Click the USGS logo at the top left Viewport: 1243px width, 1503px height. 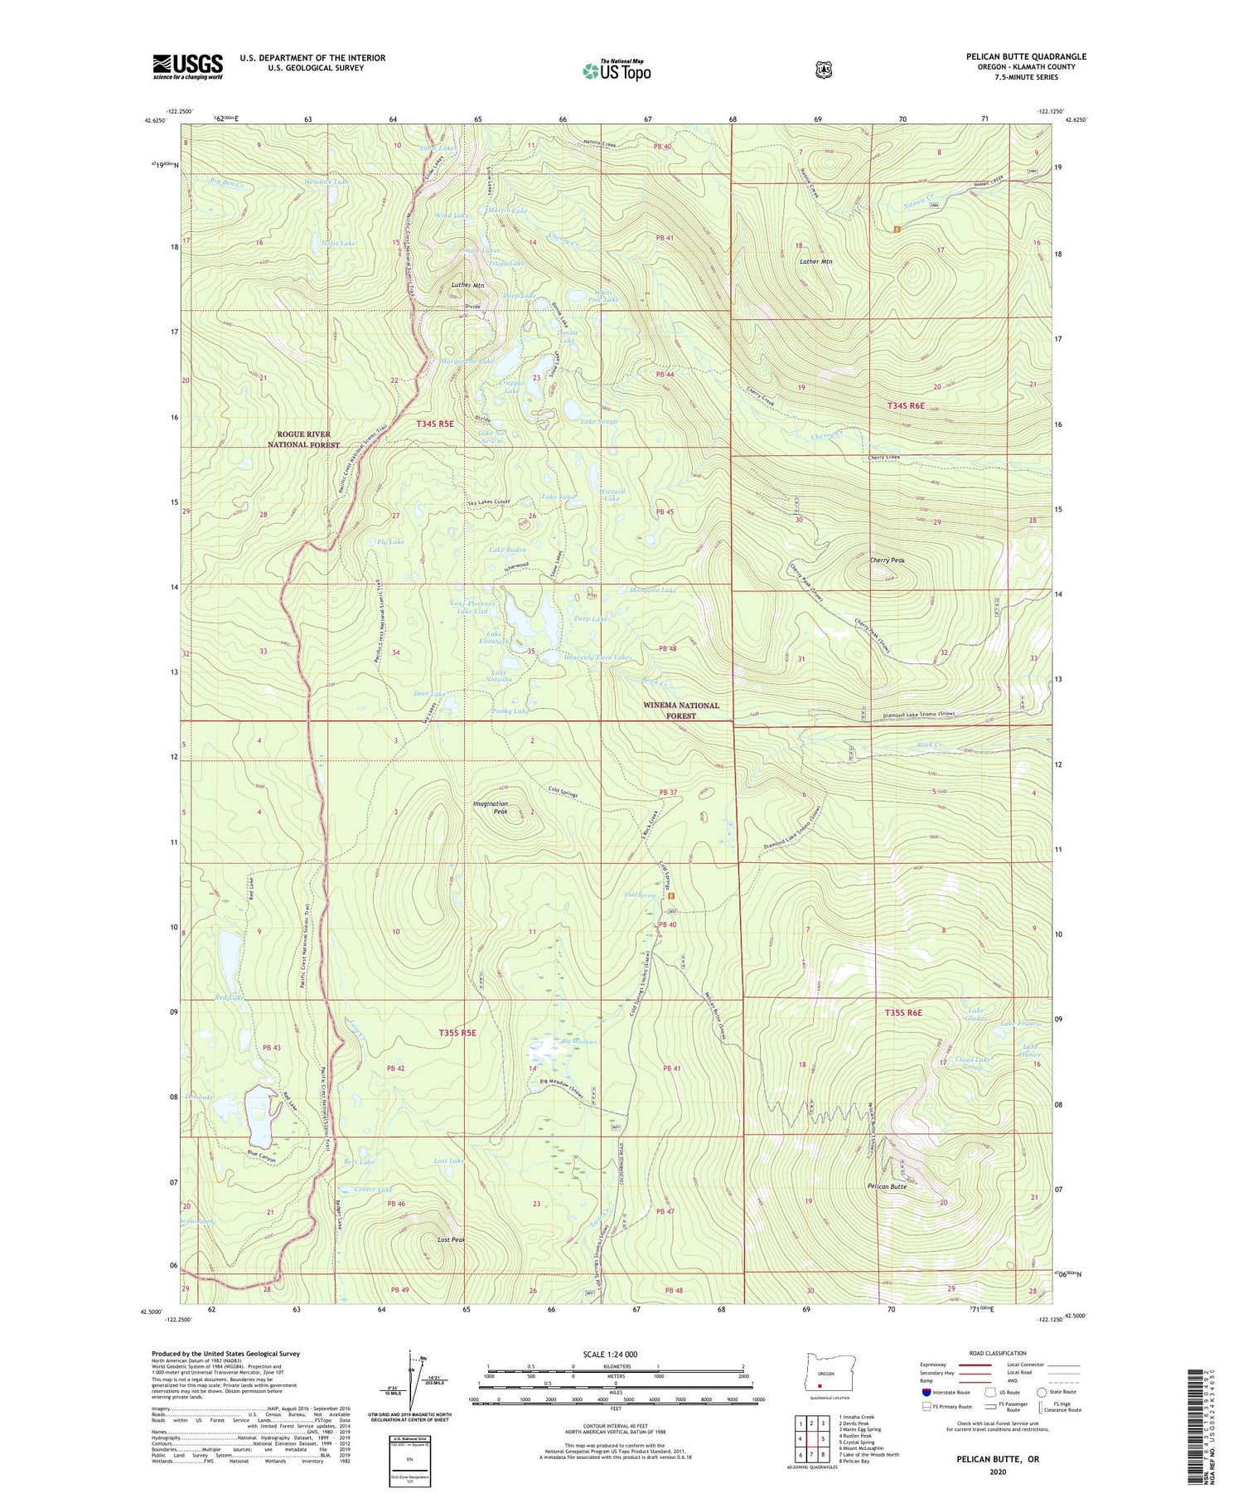tap(187, 66)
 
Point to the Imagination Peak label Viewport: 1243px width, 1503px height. tap(490, 807)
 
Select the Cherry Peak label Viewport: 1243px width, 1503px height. tap(887, 560)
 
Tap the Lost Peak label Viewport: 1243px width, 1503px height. tap(452, 1240)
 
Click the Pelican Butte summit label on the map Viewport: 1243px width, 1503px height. tap(887, 1186)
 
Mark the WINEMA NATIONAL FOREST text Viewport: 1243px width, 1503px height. tap(681, 710)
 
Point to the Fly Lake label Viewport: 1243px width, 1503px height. tap(390, 542)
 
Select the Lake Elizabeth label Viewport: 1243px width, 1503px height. tap(494, 638)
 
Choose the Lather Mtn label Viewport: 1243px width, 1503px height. tap(815, 262)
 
